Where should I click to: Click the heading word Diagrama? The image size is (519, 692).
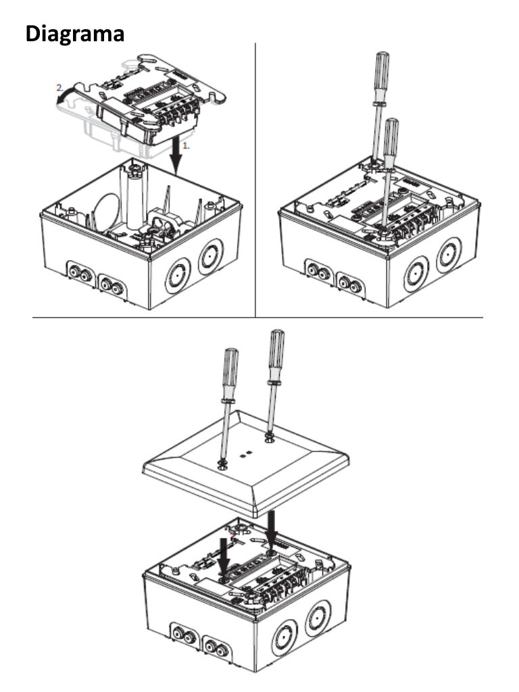pos(75,34)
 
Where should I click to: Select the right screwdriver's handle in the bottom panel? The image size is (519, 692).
pos(276,351)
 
